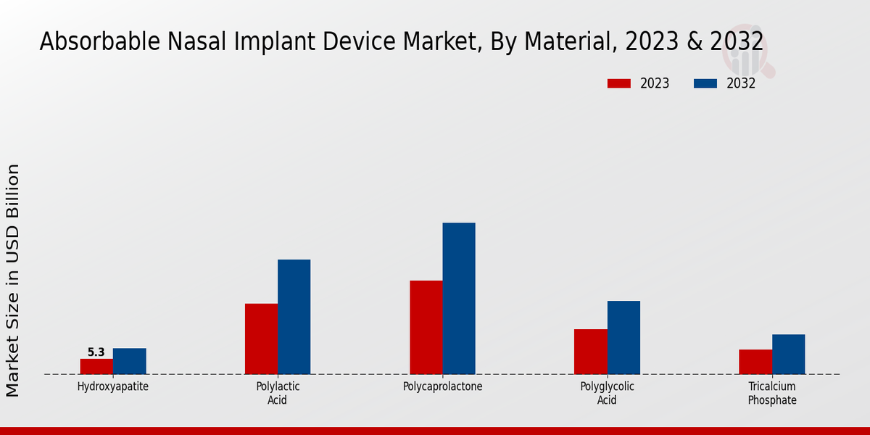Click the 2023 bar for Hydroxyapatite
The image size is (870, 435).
96,366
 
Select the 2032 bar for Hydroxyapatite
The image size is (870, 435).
129,361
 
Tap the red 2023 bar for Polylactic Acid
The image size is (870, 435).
261,339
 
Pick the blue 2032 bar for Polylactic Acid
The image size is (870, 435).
294,317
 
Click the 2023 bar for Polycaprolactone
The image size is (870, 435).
426,327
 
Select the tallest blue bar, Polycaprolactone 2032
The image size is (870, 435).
459,298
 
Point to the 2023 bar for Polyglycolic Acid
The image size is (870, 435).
590,352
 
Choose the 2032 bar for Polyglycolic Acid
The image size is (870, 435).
623,337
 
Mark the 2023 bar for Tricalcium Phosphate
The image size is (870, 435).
755,362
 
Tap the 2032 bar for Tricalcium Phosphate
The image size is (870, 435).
788,354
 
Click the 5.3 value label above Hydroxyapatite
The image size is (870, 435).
96,352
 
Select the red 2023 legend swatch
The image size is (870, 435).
618,83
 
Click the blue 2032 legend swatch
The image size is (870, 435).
705,83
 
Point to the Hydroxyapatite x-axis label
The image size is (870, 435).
113,386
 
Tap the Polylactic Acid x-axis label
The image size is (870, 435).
278,393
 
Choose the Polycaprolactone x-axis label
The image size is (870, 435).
442,386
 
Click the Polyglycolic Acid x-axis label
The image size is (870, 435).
607,393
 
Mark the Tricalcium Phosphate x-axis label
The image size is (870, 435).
772,393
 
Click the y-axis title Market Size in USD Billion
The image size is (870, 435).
13,280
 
